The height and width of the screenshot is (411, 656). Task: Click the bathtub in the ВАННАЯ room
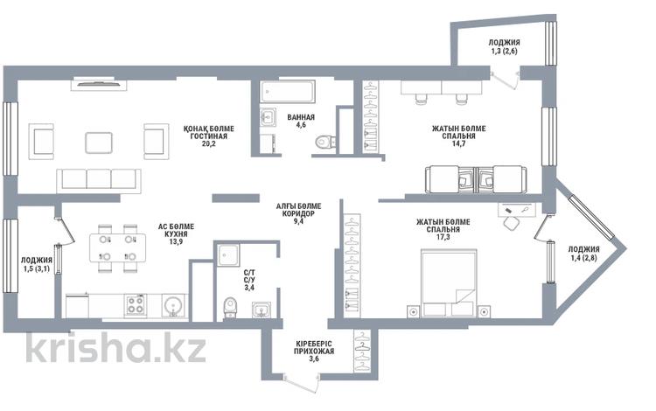[x=288, y=92]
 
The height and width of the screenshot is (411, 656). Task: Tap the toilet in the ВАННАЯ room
[x=325, y=143]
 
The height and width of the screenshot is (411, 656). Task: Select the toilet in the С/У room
[x=230, y=307]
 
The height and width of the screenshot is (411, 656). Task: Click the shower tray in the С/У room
[x=228, y=255]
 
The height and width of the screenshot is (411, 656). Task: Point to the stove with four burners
[x=135, y=305]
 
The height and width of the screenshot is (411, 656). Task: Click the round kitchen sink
[x=172, y=306]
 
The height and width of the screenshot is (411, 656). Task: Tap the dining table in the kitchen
[x=117, y=248]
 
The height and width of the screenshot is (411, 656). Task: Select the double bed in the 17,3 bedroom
[x=449, y=282]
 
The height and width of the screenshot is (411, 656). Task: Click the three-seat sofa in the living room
[x=99, y=180]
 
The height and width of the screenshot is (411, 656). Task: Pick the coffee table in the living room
[x=99, y=143]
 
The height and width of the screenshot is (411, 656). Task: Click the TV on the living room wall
[x=99, y=84]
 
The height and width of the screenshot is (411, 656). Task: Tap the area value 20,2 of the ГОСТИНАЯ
[x=208, y=143]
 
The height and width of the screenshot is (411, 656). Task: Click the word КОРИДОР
[x=299, y=213]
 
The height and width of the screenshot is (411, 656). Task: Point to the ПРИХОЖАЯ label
[x=314, y=352]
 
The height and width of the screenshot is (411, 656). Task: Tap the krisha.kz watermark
[x=115, y=347]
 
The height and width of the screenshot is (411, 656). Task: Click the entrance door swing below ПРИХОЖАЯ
[x=300, y=384]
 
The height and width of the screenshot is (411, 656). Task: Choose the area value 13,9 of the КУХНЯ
[x=175, y=241]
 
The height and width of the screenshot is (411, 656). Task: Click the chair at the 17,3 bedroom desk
[x=511, y=223]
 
